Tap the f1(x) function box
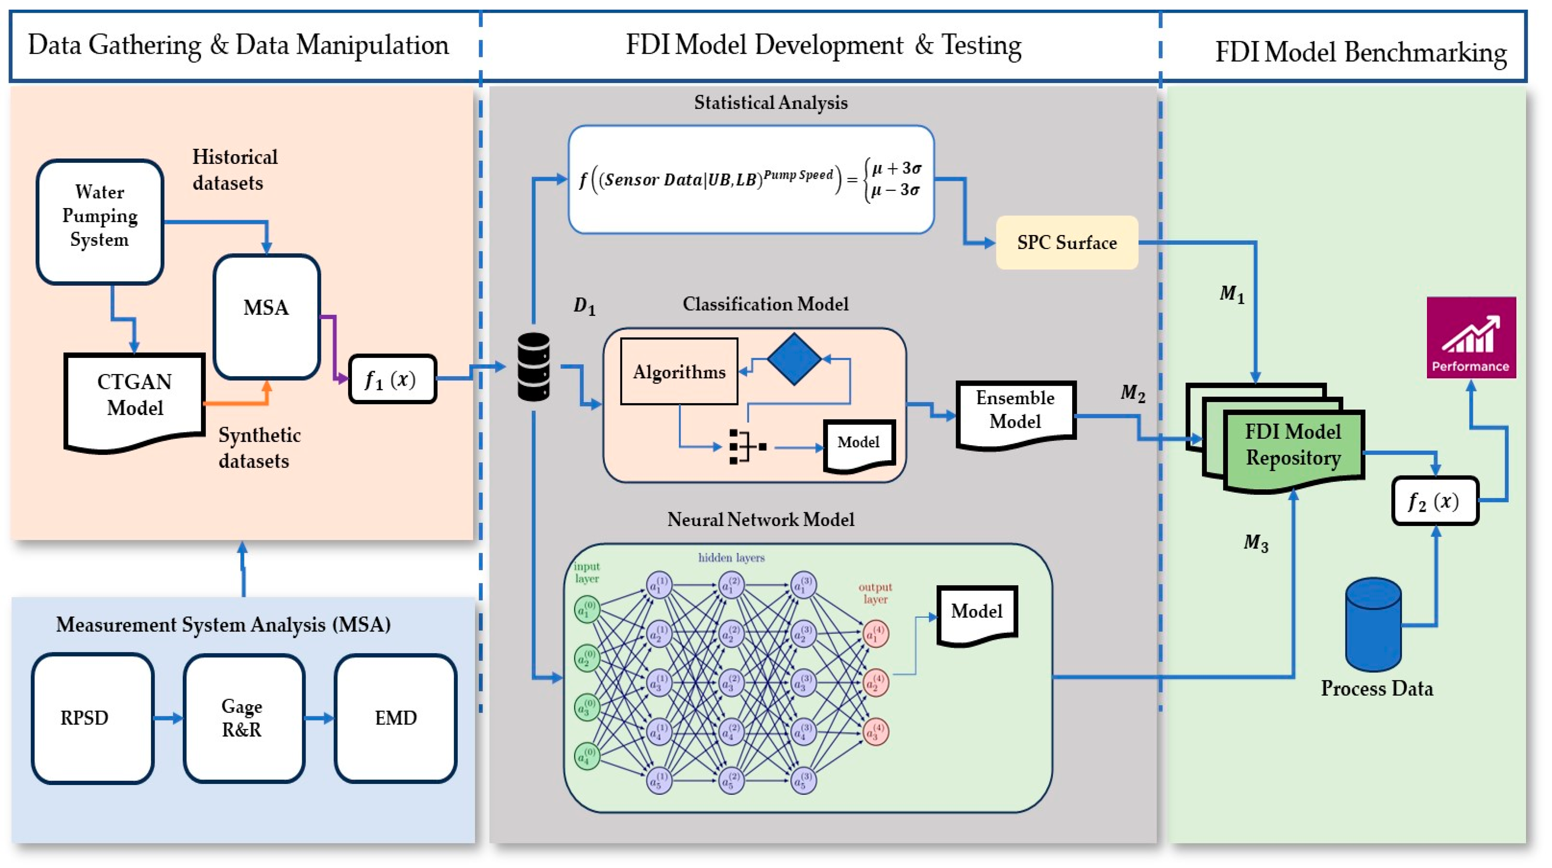click(392, 379)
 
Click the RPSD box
click(93, 718)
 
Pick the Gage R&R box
click(243, 718)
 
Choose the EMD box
click(395, 718)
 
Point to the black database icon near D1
click(534, 367)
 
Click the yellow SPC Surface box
click(1066, 242)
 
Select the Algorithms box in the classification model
click(679, 371)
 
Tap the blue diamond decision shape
click(794, 359)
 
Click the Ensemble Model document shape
click(1016, 412)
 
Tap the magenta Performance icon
click(1471, 337)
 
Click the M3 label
click(1256, 543)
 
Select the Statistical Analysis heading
click(770, 103)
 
